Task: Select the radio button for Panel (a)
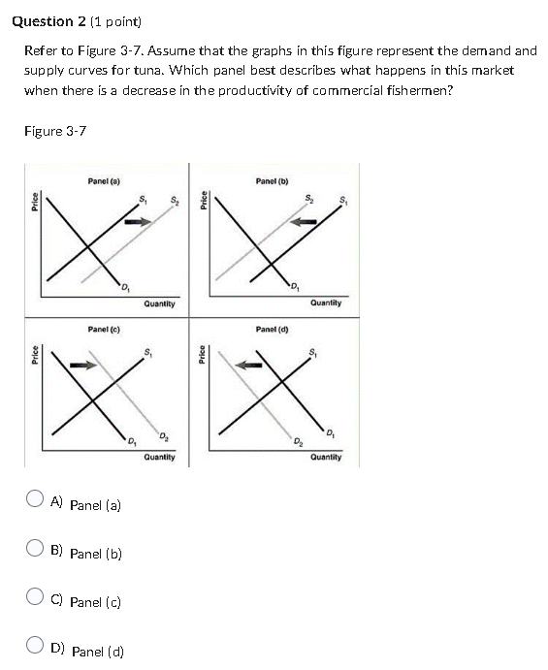(35, 501)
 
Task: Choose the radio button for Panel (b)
(35, 551)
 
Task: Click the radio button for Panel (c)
(35, 599)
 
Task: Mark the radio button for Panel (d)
(35, 648)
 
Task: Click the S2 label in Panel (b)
(309, 201)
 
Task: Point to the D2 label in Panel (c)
(164, 432)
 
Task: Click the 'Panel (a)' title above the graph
(104, 180)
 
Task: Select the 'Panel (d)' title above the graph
(272, 330)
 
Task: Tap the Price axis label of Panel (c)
(35, 355)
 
